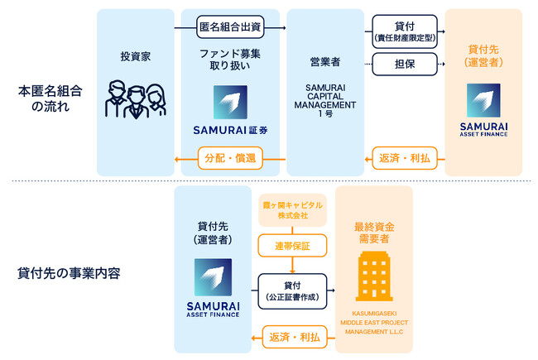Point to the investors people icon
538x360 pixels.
point(135,99)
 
